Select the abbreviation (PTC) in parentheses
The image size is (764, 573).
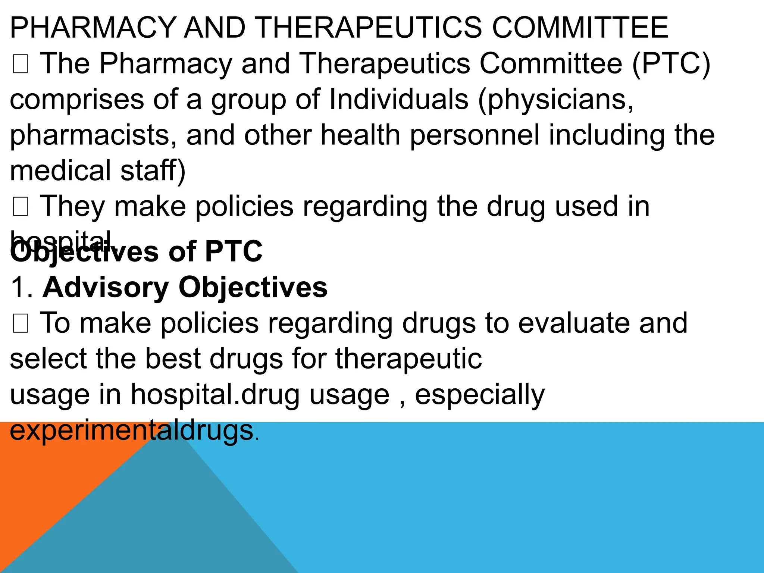pyautogui.click(x=671, y=63)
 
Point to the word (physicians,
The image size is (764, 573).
pyautogui.click(x=556, y=100)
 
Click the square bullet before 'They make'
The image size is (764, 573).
pyautogui.click(x=20, y=207)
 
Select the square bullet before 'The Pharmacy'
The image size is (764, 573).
pyautogui.click(x=20, y=64)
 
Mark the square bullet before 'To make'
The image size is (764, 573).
pyautogui.click(x=20, y=323)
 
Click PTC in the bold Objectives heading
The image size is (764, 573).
pyautogui.click(x=234, y=251)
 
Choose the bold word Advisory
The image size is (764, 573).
pyautogui.click(x=106, y=287)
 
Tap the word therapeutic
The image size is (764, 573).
pyautogui.click(x=408, y=359)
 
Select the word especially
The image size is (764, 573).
pyautogui.click(x=480, y=395)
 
